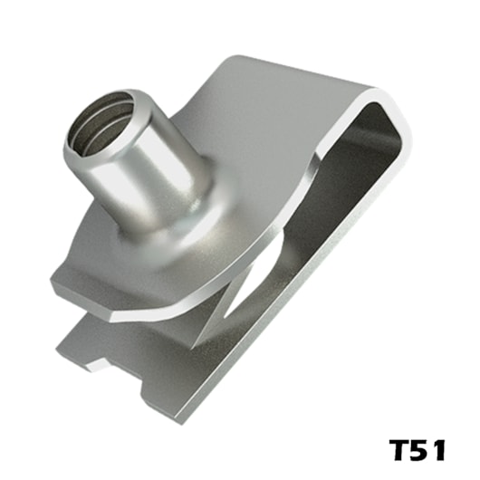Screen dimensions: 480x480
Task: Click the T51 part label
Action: point(418,450)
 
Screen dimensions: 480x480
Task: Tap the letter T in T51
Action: point(398,450)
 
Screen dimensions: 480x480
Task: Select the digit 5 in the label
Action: point(421,450)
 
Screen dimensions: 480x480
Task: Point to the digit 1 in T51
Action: point(439,450)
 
